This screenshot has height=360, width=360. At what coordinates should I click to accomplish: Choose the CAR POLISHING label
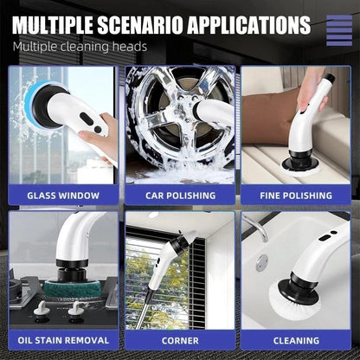(179, 195)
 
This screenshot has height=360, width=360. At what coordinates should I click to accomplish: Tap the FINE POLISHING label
(296, 195)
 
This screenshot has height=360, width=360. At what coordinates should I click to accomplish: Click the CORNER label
(179, 340)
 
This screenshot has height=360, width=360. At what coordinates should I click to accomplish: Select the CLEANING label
(296, 340)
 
